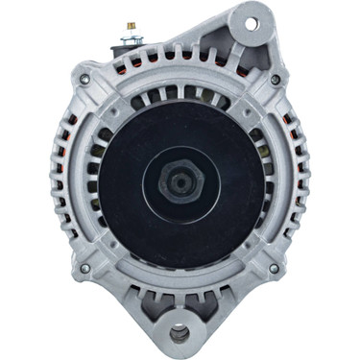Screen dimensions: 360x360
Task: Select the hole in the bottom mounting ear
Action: coord(180,334)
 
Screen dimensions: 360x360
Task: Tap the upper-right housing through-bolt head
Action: coord(276,79)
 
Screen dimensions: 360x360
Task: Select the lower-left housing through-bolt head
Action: coord(84,268)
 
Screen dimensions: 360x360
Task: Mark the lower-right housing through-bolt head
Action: coord(276,268)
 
